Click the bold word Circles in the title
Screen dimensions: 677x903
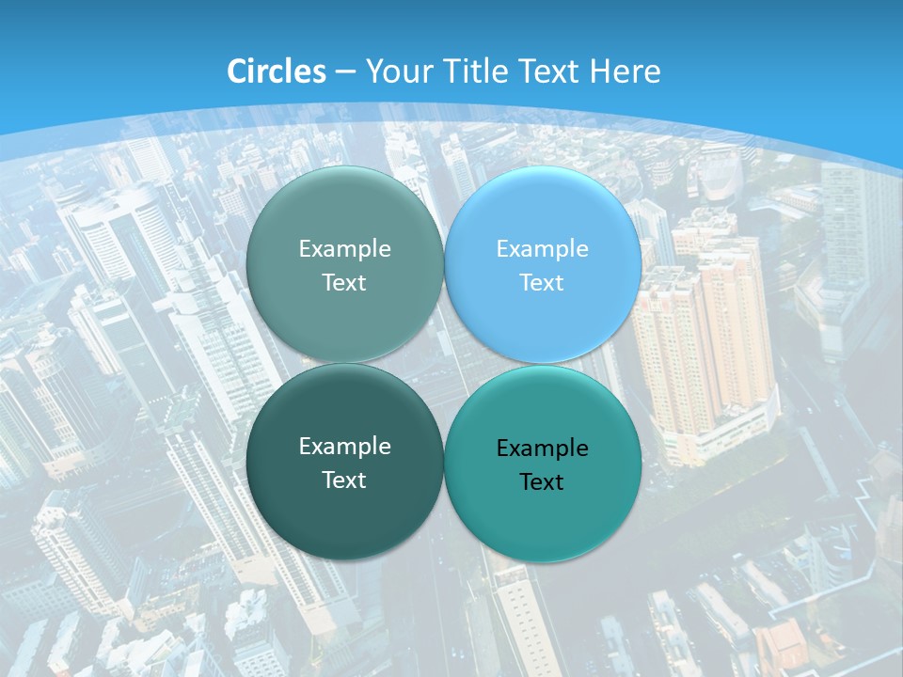(276, 71)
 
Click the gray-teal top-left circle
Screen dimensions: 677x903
(344, 264)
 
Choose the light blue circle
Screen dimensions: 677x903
(542, 264)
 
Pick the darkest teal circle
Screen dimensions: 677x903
(344, 462)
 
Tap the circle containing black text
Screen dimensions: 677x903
(542, 464)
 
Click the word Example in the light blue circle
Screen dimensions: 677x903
(542, 249)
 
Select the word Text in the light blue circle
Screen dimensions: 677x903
(542, 282)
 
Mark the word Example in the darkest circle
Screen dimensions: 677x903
(344, 447)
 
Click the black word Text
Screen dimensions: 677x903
(542, 481)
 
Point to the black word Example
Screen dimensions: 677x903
(542, 449)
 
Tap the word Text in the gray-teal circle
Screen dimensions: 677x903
(344, 282)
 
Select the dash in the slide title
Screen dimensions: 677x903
(345, 72)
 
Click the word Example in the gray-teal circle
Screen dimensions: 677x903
(344, 249)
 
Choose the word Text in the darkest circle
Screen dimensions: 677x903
(344, 480)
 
